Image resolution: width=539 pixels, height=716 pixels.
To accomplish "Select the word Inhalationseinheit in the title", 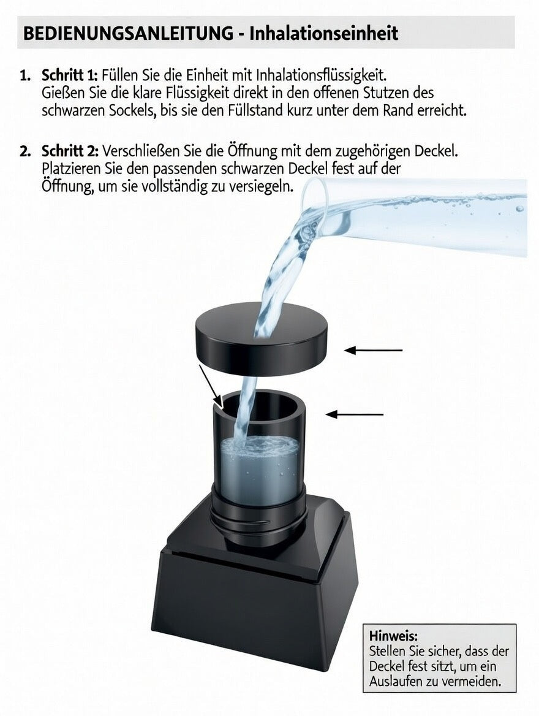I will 323,32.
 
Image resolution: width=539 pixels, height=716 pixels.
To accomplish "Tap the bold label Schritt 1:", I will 69,75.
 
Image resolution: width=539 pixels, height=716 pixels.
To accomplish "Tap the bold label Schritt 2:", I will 69,151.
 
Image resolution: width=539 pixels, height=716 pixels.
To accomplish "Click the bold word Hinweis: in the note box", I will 393,635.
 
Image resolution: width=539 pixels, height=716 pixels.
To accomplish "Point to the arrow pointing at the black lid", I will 373,350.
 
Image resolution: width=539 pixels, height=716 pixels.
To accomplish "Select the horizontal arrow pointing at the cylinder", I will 355,414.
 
